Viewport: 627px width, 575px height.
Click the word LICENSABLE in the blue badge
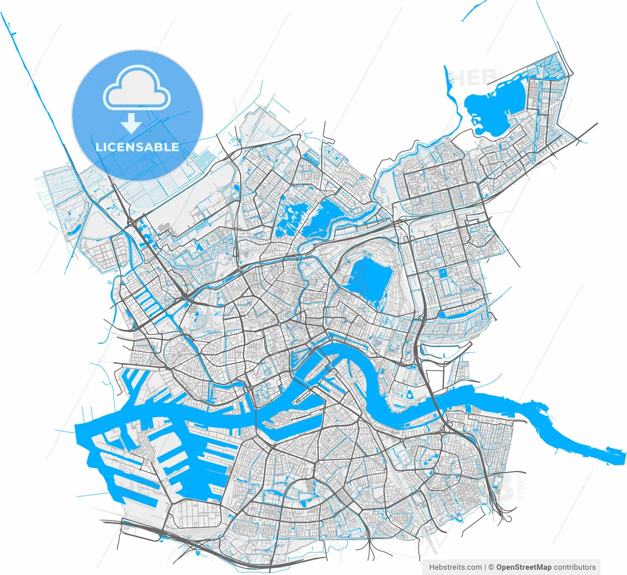point(137,147)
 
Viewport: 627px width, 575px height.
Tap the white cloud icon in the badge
point(137,89)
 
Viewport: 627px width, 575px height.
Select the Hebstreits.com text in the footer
point(455,567)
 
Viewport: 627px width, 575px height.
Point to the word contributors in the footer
point(575,567)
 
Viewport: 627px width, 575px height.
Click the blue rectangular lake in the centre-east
point(370,279)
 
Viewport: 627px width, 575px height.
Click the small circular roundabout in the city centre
point(279,324)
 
